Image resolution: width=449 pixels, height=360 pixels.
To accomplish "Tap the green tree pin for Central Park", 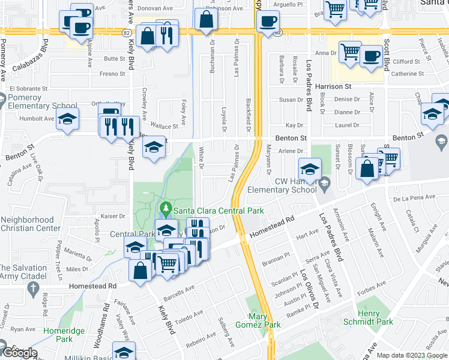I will click(166, 210).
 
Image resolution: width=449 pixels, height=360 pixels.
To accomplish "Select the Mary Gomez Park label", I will click(265, 320).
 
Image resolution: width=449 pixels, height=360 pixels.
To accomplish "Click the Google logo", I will click(19, 353).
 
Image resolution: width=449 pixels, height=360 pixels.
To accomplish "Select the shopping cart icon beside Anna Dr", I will click(349, 52).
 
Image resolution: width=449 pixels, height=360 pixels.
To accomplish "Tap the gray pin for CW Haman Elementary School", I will click(325, 182).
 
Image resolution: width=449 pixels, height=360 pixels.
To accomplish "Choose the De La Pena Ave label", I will click(414, 197).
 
